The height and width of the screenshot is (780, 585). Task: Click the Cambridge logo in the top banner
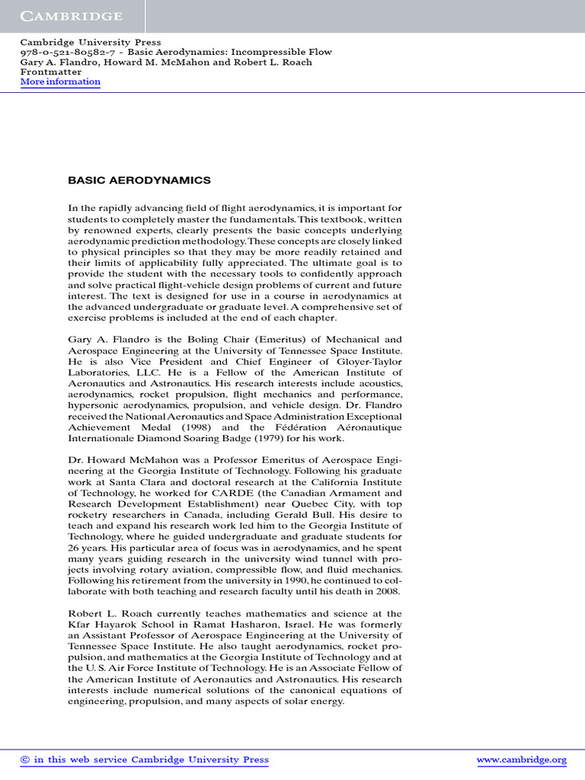tap(71, 16)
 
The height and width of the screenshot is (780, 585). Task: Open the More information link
tap(60, 82)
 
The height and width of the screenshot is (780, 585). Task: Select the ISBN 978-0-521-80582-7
tap(60, 53)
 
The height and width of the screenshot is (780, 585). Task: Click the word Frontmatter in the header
tap(50, 72)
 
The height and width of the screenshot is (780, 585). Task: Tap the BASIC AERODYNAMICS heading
tap(139, 181)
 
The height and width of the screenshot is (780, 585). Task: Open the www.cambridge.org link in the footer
tap(521, 759)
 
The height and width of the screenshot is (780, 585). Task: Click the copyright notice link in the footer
tap(144, 759)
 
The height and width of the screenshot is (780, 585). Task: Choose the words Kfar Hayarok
tap(101, 625)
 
